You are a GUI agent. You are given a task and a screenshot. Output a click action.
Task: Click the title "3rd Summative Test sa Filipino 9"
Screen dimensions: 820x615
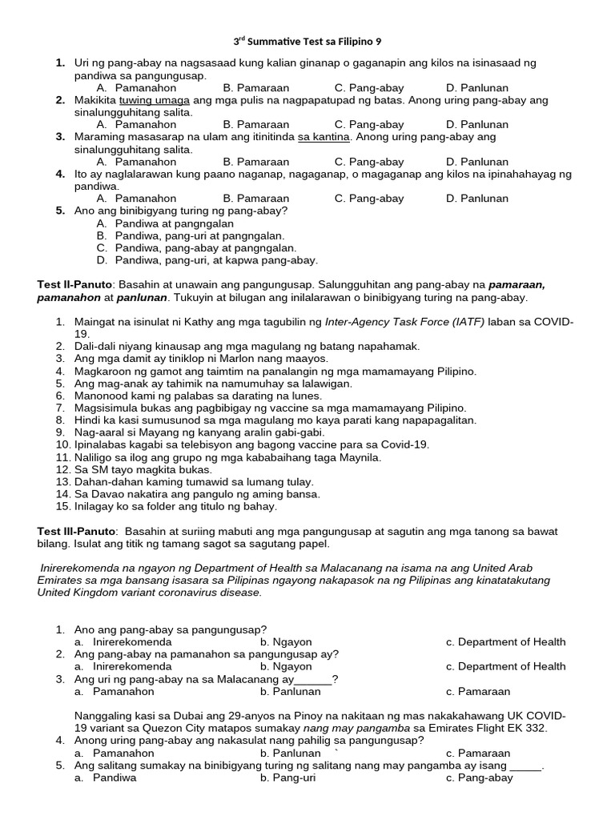coord(307,39)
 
